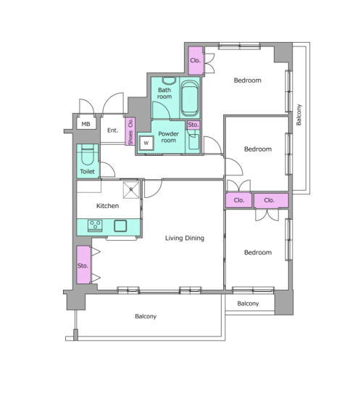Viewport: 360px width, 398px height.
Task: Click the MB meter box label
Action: [85, 124]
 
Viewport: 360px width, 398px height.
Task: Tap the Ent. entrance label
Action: [113, 130]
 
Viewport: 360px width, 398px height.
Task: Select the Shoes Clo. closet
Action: [130, 131]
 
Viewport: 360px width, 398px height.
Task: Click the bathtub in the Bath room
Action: [190, 98]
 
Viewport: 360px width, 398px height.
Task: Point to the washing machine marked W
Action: [146, 143]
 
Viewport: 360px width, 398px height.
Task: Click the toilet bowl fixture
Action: [88, 155]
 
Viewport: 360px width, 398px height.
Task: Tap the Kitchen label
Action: [108, 206]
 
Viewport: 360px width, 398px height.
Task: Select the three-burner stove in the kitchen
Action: [95, 225]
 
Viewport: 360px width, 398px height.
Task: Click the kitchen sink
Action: [120, 225]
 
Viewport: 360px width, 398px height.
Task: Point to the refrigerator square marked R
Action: [131, 190]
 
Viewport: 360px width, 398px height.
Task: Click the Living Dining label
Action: [185, 238]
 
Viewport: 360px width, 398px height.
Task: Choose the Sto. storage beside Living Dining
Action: [83, 265]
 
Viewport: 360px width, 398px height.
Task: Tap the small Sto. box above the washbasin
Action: [193, 125]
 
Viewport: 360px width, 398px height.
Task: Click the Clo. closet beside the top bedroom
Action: [196, 60]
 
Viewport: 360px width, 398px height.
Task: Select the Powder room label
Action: [169, 137]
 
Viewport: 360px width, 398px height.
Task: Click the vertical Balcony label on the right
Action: [299, 115]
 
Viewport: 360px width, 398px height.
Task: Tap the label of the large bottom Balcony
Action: [146, 317]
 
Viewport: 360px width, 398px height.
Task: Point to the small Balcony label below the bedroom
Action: [248, 304]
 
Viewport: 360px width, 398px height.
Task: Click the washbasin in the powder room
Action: [194, 142]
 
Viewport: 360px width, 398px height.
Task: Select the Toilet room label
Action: [87, 171]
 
